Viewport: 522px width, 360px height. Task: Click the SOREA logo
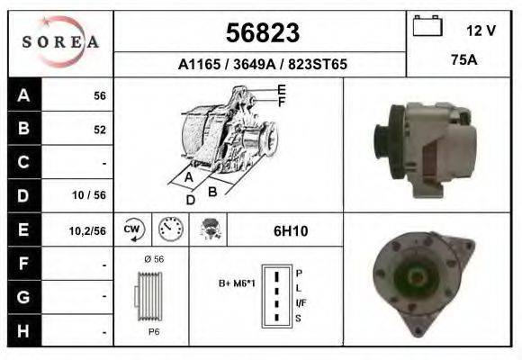(59, 42)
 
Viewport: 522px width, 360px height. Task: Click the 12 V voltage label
(481, 30)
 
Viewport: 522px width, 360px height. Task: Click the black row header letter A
(24, 95)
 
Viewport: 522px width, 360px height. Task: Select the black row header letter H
(24, 330)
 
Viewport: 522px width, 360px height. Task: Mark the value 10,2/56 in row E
(87, 231)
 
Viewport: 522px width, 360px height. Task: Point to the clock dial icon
(169, 229)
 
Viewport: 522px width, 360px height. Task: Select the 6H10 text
(291, 231)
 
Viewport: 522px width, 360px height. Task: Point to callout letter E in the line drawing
(282, 89)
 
